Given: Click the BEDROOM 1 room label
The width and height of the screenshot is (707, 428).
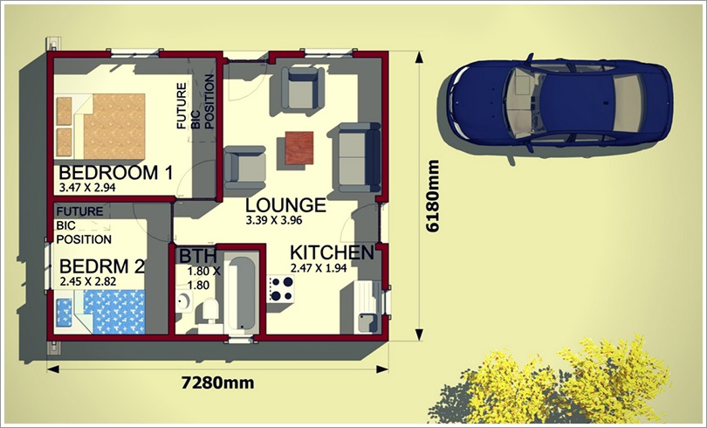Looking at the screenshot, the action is (116, 173).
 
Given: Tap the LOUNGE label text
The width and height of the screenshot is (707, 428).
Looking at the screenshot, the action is (285, 205).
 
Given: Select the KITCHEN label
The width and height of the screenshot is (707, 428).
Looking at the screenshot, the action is (332, 252).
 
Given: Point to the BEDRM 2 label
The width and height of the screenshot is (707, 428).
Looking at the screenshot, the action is (102, 266).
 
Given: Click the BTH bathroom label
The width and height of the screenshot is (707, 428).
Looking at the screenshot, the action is (198, 256).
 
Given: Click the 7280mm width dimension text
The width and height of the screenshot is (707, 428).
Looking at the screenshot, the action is (218, 383).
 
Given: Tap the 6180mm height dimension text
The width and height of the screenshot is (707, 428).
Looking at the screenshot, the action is (432, 196).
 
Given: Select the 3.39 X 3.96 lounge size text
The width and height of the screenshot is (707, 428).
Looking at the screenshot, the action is (274, 220).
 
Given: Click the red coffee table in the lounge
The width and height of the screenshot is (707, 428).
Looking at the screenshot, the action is (299, 148).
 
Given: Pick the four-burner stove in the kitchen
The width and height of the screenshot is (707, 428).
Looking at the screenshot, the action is (281, 288).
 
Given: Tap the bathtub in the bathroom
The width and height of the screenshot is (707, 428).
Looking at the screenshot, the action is (241, 293).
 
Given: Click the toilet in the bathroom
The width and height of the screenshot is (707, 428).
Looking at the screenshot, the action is (210, 310).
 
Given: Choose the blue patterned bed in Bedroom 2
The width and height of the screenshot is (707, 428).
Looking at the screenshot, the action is (100, 312).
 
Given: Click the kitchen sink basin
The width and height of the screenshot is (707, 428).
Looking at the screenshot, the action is (366, 322).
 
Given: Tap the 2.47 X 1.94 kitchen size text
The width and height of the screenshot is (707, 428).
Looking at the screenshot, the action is (319, 268).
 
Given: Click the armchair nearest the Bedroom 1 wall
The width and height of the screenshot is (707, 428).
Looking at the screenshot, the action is (245, 168).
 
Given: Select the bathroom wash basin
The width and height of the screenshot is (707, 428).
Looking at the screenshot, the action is (184, 300).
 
